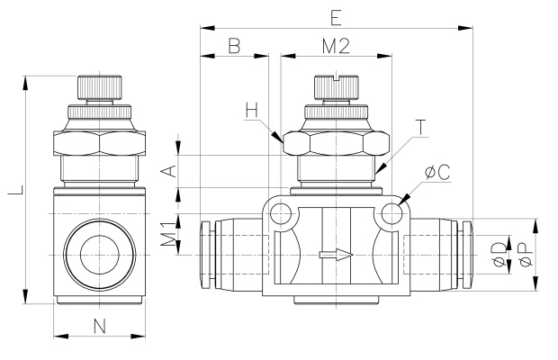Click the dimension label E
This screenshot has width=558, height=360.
(335, 17)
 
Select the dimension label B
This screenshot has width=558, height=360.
(233, 46)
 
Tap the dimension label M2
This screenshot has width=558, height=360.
(335, 46)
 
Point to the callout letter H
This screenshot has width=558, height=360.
(253, 111)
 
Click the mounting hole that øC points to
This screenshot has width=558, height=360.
(391, 213)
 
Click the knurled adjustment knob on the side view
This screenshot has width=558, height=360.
(99, 87)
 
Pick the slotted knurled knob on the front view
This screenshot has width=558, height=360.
(336, 87)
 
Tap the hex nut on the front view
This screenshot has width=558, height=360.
(336, 144)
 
